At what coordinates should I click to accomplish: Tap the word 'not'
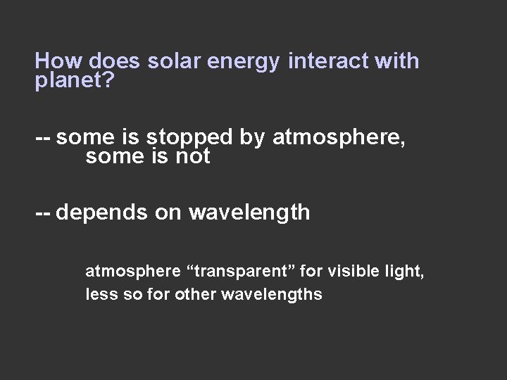click(x=192, y=157)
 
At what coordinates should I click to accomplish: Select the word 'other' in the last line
click(x=199, y=294)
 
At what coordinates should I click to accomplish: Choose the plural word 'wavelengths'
click(x=271, y=295)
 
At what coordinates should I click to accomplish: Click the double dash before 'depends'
click(x=43, y=213)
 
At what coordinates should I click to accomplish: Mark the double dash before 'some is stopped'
click(x=43, y=137)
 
